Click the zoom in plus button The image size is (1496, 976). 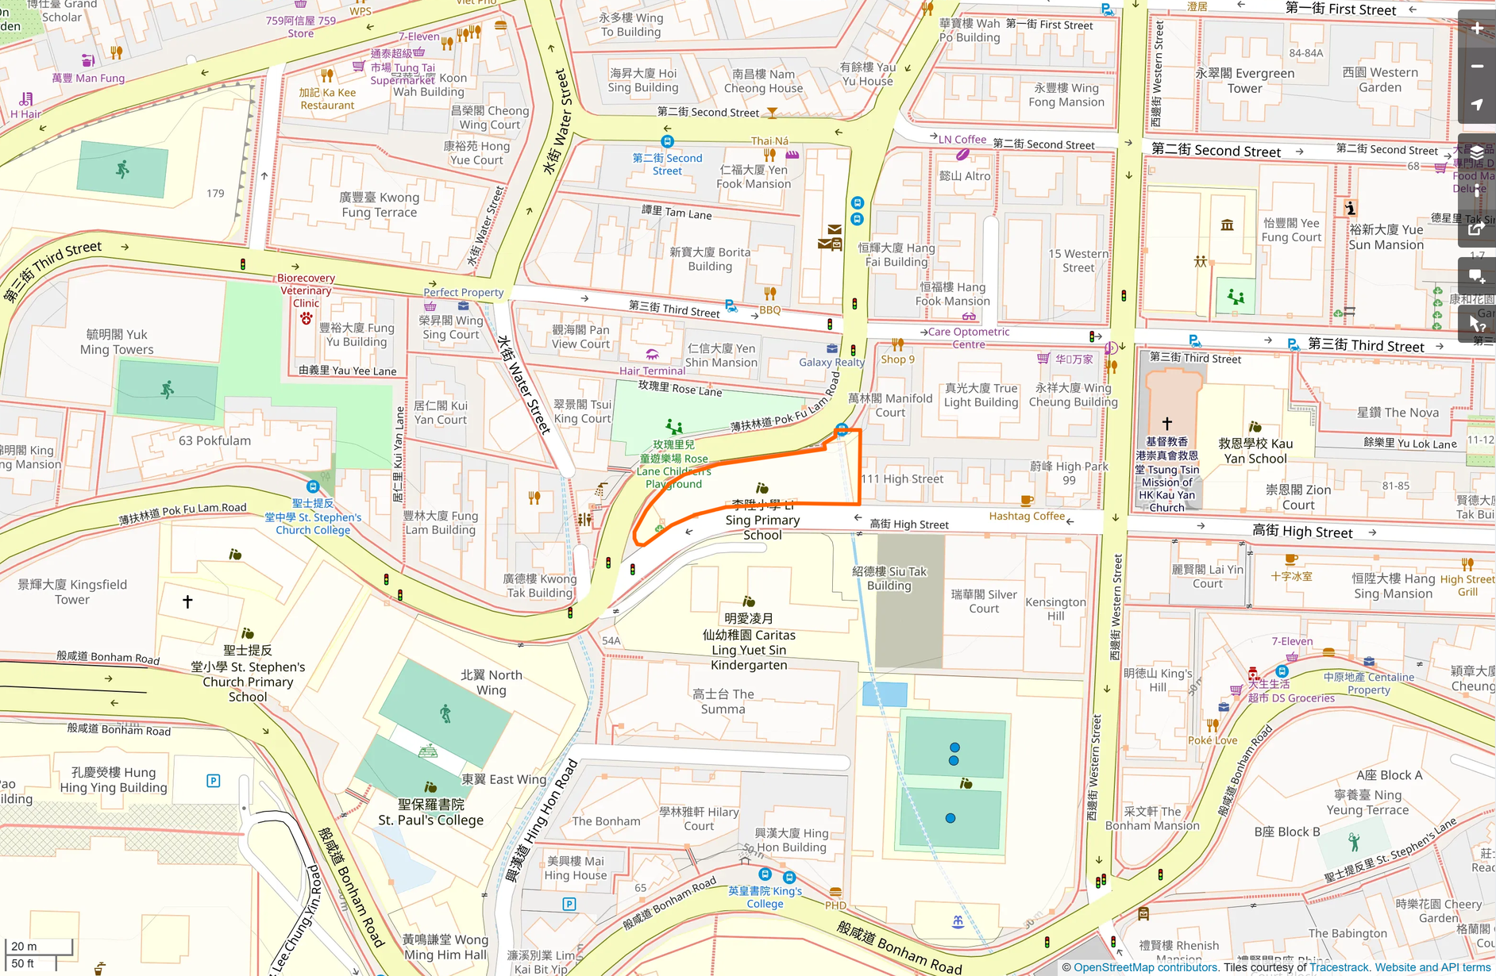tap(1477, 29)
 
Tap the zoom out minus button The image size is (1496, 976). tap(1477, 67)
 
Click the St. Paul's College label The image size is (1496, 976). tap(430, 813)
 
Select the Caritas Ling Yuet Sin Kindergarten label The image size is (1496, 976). tap(749, 642)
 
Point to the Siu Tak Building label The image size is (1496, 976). tap(889, 578)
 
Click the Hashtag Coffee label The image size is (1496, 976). tap(1026, 516)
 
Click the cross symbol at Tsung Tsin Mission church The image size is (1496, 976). tap(1166, 424)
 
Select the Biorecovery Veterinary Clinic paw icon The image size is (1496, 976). tap(306, 318)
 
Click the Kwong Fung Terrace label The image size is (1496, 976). tap(379, 205)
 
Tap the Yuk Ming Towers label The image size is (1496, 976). tap(117, 342)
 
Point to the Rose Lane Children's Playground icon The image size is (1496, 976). tap(673, 426)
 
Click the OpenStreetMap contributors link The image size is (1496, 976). tap(1146, 967)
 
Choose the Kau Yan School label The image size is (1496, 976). tap(1255, 451)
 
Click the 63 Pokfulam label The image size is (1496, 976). tap(214, 440)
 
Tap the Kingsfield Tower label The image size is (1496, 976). tap(72, 592)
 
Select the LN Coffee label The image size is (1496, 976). tap(962, 140)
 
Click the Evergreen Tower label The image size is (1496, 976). tap(1244, 81)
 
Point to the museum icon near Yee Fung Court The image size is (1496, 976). tap(1227, 225)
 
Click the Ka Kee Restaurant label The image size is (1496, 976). tap(327, 98)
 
